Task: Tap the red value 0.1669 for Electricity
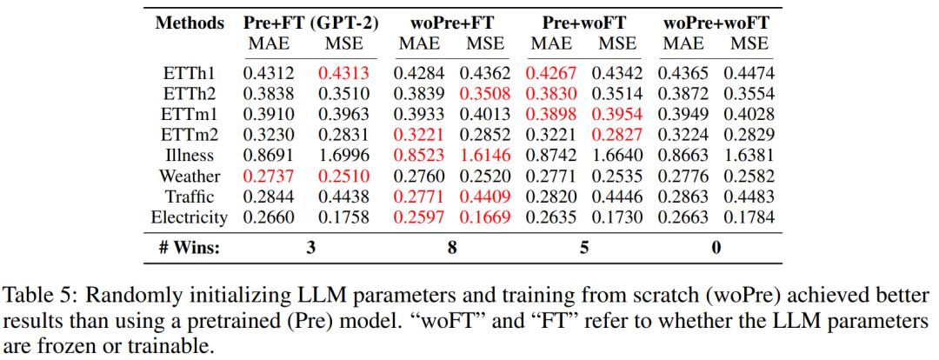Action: (x=486, y=217)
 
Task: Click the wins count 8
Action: (x=452, y=248)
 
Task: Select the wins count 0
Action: (x=716, y=248)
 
